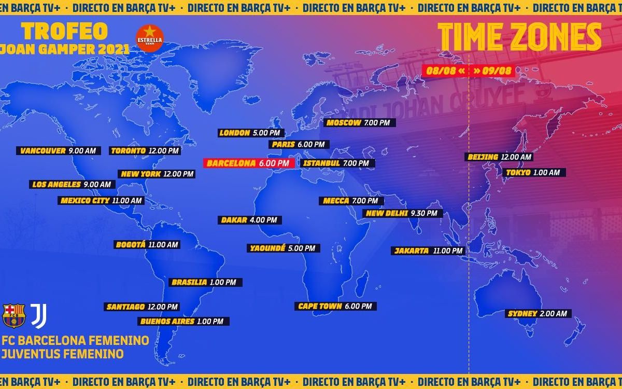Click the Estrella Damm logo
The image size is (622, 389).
coord(149,38)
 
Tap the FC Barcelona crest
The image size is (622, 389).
coord(14,315)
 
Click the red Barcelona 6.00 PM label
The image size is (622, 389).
coord(249,163)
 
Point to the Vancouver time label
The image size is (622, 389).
coord(58,151)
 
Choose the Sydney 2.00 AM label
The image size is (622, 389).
coord(539,313)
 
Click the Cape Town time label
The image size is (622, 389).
coord(335,306)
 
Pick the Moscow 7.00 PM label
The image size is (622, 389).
coord(360,123)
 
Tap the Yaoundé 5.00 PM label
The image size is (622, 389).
coord(283,248)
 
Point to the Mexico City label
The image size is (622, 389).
coord(101,201)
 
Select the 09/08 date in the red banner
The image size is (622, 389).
coord(492,71)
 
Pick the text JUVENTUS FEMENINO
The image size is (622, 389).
coord(63,354)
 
